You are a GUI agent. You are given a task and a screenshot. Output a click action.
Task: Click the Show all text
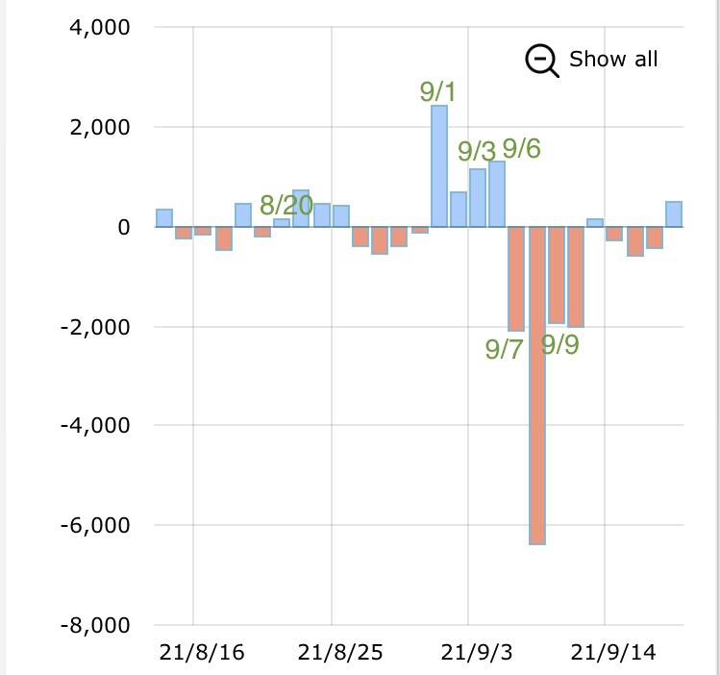click(613, 60)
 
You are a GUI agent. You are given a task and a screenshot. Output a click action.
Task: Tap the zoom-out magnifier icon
click(541, 61)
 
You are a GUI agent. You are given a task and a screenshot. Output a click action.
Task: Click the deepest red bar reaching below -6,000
click(536, 385)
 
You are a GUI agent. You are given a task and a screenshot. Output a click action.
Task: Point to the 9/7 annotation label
click(504, 348)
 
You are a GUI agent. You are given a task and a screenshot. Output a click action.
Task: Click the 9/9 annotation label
click(559, 344)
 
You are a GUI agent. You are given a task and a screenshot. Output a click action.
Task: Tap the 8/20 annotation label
click(286, 204)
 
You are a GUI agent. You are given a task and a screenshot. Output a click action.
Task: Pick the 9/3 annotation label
click(476, 151)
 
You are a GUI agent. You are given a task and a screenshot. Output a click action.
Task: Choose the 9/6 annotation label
click(521, 148)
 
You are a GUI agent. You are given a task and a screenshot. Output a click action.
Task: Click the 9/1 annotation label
click(438, 92)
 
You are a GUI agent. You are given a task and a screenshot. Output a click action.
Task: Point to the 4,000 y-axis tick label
click(101, 27)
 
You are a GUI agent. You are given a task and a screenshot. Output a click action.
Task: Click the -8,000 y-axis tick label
click(98, 625)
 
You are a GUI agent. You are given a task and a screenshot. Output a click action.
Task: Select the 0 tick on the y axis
click(123, 227)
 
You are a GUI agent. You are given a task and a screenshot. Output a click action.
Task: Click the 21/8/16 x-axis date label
click(203, 653)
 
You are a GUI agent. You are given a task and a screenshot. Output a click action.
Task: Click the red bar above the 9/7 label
click(516, 279)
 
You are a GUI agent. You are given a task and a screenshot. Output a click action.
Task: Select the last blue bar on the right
click(674, 214)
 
